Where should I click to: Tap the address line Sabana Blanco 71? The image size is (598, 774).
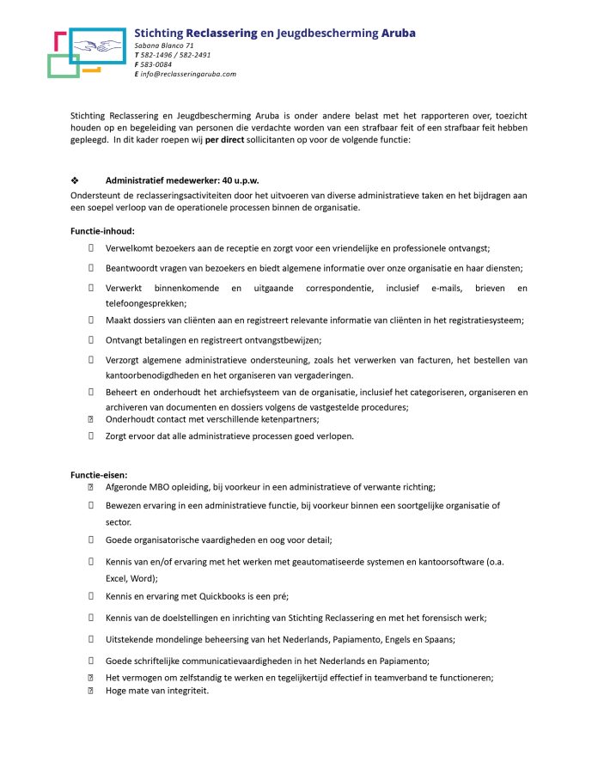point(164,45)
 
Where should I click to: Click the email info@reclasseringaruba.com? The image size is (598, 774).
point(188,74)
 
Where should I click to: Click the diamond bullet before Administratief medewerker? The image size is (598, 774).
point(75,181)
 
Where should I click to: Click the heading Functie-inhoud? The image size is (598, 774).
point(102,230)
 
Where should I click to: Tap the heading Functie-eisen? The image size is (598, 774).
point(99,473)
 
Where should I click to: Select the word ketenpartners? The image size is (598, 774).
point(286,419)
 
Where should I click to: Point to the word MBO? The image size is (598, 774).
point(160,487)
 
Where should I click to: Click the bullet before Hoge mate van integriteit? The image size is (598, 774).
point(90,691)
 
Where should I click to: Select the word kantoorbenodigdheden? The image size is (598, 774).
point(160,375)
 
